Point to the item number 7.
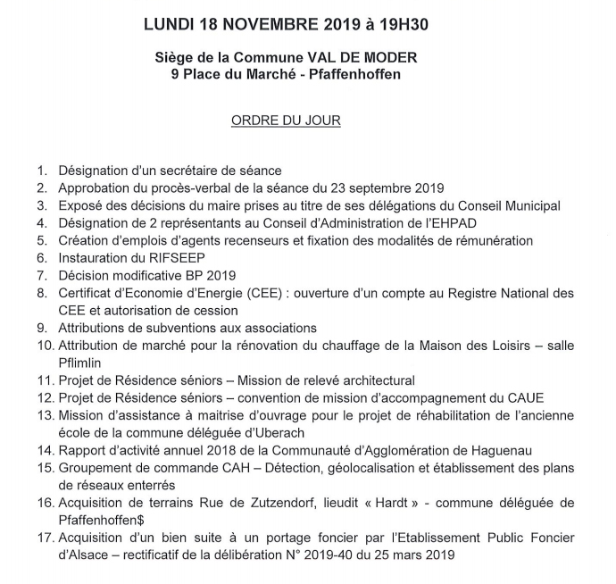42,274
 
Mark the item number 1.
42,170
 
